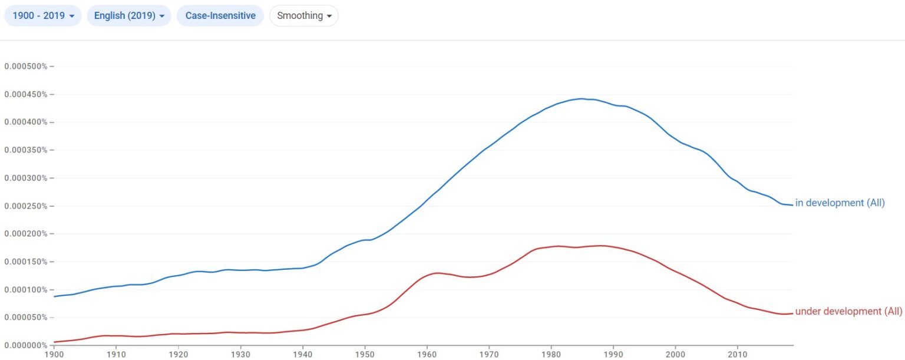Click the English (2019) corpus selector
point(128,16)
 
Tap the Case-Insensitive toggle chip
point(220,16)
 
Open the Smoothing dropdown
point(304,16)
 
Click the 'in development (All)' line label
point(840,203)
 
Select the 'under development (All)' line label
point(848,311)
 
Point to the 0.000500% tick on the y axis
point(26,66)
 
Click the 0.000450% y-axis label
point(26,94)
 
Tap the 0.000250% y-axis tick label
point(26,206)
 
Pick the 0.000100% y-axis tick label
point(26,289)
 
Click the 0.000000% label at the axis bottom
point(26,345)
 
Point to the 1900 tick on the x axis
point(54,355)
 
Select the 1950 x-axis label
point(365,355)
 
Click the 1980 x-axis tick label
point(551,355)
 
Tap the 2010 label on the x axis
point(737,355)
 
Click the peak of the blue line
point(581,98)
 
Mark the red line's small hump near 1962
point(438,273)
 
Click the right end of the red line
point(792,313)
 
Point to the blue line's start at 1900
point(55,296)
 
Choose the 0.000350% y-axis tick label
point(26,150)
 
